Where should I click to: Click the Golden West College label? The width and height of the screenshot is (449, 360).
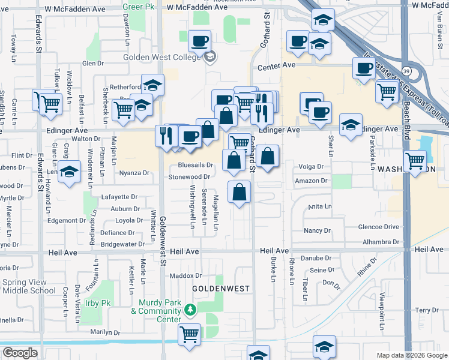[161, 58]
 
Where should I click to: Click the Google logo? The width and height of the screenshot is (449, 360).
[20, 353]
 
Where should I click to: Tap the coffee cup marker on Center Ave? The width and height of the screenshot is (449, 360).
[363, 68]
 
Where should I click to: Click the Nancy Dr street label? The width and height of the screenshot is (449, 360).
[318, 230]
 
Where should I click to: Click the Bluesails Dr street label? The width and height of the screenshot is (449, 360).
[196, 165]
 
